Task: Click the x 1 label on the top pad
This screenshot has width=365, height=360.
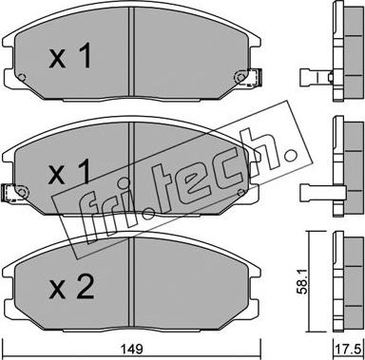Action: [x=70, y=56]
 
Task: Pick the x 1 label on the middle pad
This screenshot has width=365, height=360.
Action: [x=69, y=172]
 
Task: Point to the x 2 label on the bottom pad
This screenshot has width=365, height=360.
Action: [x=71, y=287]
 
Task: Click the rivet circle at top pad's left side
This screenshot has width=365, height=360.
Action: [x=22, y=77]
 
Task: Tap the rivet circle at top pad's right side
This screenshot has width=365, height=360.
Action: [x=240, y=77]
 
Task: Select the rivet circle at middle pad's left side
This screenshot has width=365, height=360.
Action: [x=21, y=192]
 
